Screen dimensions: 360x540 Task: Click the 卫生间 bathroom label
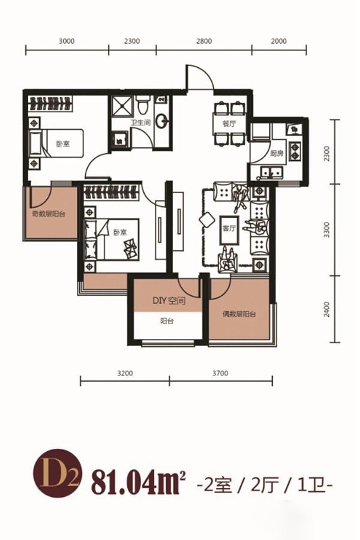coord(140,122)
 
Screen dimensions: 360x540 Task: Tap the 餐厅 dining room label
coord(229,124)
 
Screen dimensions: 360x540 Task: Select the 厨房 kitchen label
coord(277,153)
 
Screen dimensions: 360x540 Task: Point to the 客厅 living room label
coord(229,229)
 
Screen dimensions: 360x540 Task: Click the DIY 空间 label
coord(169,301)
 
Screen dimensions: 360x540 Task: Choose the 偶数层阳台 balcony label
coord(239,314)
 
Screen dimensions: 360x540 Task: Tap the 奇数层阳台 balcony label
coord(49,214)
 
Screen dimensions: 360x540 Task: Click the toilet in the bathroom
coord(143,104)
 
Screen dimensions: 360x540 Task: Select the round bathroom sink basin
coord(161,121)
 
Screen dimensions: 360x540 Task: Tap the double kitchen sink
coord(271,172)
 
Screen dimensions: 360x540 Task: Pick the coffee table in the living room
coord(229,230)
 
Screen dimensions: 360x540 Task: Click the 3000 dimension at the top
coord(67,41)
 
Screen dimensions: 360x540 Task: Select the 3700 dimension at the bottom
coord(220,373)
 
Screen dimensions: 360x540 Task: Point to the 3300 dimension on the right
coord(327,230)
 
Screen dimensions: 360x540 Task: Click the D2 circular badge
coord(58,473)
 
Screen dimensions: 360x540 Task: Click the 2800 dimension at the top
coord(204,41)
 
